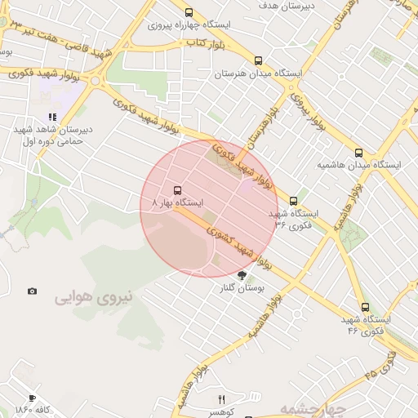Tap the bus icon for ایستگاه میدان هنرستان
click(259, 60)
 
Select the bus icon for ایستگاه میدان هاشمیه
click(358, 152)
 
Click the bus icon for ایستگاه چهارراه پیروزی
click(189, 12)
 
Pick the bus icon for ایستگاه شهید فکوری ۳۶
click(294, 199)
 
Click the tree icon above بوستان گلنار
click(241, 275)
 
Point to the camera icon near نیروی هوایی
click(32, 291)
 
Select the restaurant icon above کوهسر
click(220, 398)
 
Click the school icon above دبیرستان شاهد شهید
click(52, 118)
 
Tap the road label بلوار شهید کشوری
click(241, 243)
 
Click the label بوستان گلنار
click(242, 288)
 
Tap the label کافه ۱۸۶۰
click(33, 408)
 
